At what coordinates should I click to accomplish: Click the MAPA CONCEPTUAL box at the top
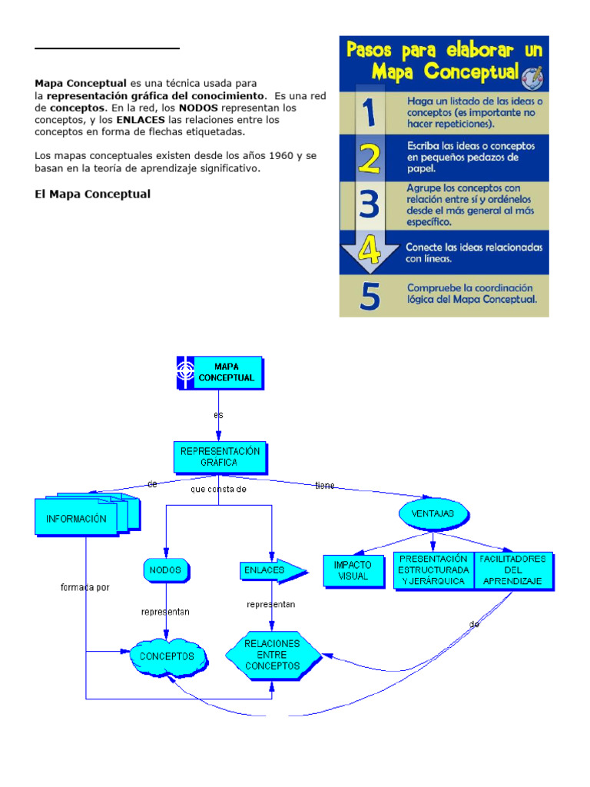(x=227, y=373)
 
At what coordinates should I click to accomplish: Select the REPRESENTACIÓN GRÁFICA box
(x=220, y=457)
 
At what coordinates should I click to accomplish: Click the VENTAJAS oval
(x=433, y=513)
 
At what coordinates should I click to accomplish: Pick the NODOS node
(x=166, y=570)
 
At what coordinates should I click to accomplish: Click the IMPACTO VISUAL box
(x=353, y=570)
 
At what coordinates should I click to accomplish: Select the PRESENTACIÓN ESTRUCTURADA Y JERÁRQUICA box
(x=433, y=570)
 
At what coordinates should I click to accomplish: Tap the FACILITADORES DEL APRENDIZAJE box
(x=512, y=570)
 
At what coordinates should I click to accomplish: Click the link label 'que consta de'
(x=218, y=489)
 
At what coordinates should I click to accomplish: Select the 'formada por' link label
(x=85, y=588)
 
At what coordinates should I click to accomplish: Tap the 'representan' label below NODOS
(x=165, y=613)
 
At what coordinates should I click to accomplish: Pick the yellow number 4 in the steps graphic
(x=370, y=251)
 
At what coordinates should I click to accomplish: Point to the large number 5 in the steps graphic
(x=370, y=296)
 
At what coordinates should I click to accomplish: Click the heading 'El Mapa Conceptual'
(x=92, y=194)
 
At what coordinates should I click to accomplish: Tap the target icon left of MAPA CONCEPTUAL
(x=186, y=373)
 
